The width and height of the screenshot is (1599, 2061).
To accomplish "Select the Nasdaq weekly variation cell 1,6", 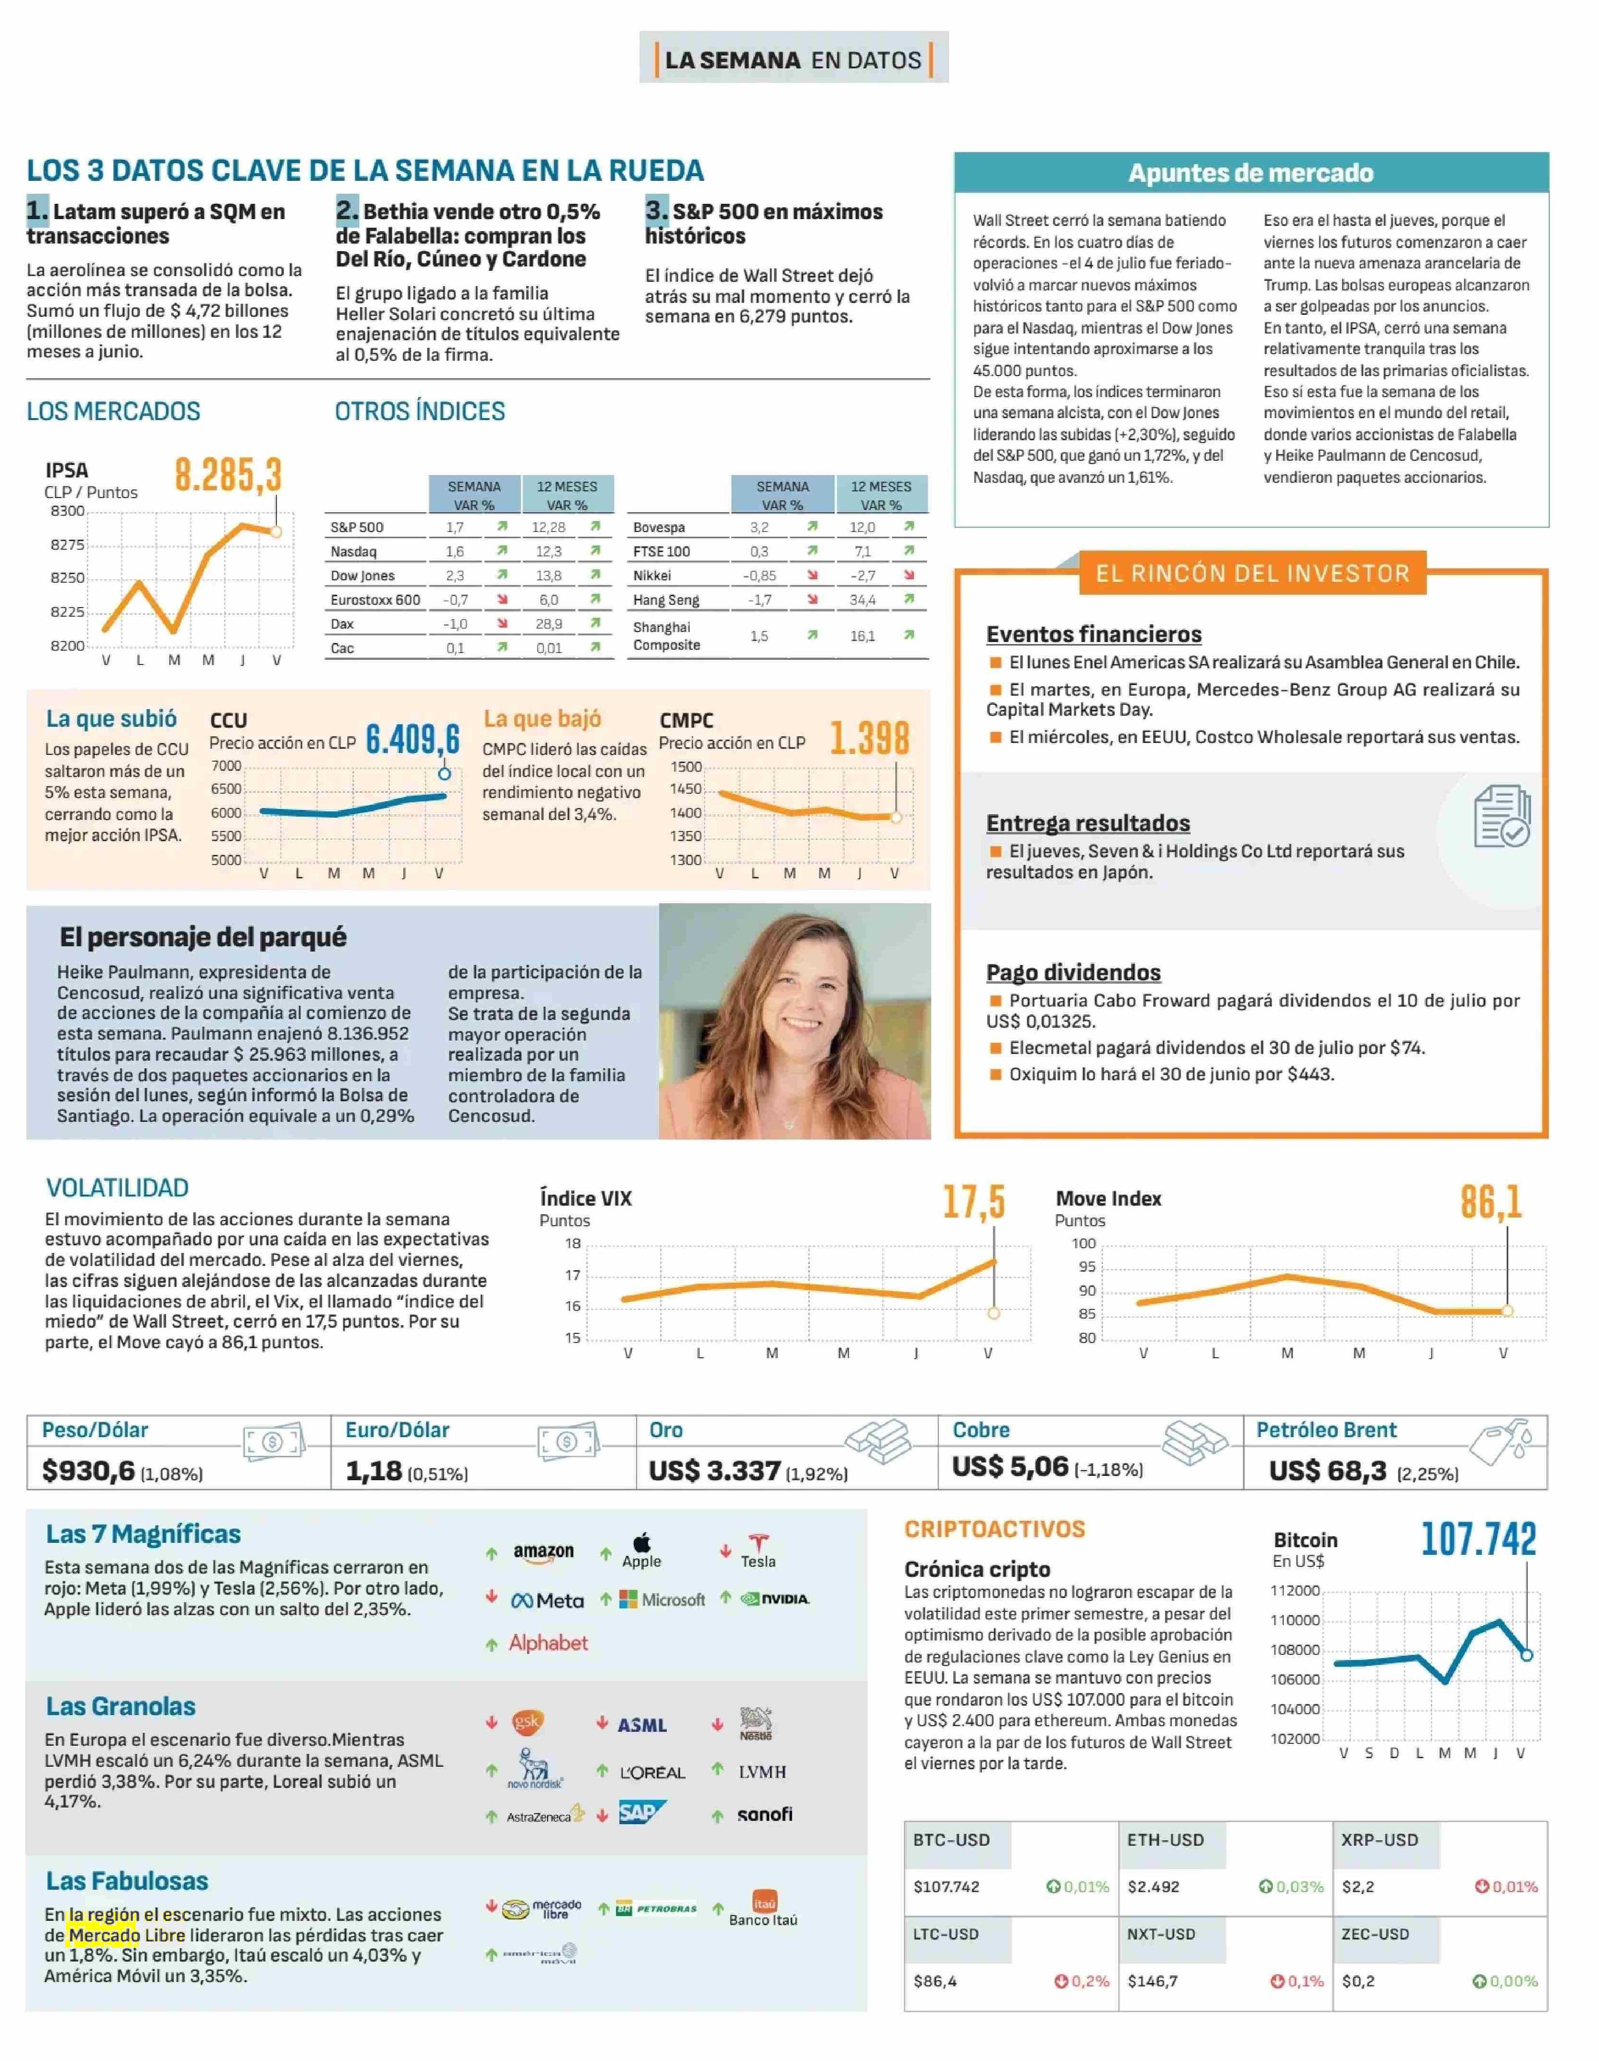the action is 455,551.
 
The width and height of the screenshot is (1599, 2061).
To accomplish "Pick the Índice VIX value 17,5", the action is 973,1202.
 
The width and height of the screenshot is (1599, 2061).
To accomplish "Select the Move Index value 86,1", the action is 1490,1202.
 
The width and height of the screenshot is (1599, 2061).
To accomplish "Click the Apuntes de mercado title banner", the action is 1251,173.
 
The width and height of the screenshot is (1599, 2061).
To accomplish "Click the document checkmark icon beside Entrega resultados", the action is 1502,815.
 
